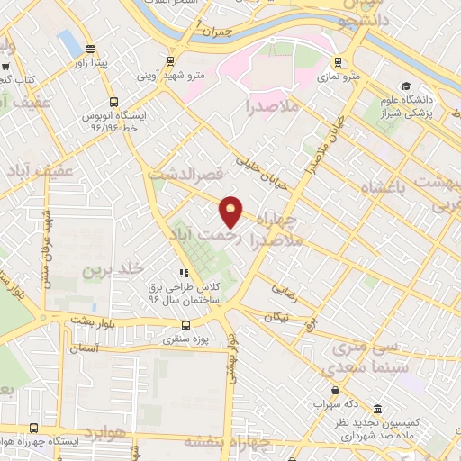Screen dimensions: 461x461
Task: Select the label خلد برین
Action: click(x=113, y=269)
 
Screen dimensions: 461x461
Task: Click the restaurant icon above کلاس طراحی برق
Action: click(x=185, y=272)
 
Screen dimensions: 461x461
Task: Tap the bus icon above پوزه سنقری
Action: click(x=185, y=325)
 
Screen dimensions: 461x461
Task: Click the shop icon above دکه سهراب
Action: click(x=336, y=390)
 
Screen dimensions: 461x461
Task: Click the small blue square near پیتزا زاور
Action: click(x=68, y=41)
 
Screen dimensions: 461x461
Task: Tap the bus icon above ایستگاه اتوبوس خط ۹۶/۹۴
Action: click(x=113, y=103)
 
